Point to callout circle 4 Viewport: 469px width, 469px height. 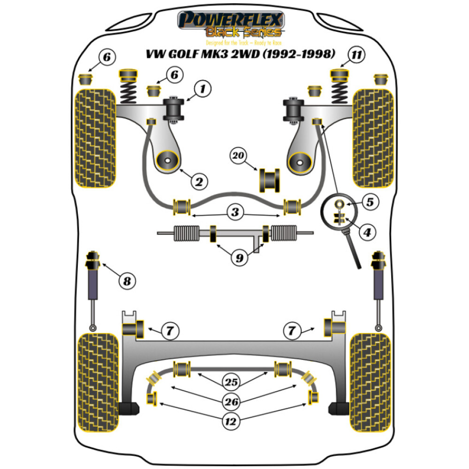pyautogui.click(x=367, y=232)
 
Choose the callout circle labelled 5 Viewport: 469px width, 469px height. pyautogui.click(x=370, y=202)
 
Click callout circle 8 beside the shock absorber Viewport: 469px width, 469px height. pyautogui.click(x=127, y=281)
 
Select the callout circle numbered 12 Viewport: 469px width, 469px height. pyautogui.click(x=230, y=422)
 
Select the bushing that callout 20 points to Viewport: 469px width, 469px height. pyautogui.click(x=269, y=180)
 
